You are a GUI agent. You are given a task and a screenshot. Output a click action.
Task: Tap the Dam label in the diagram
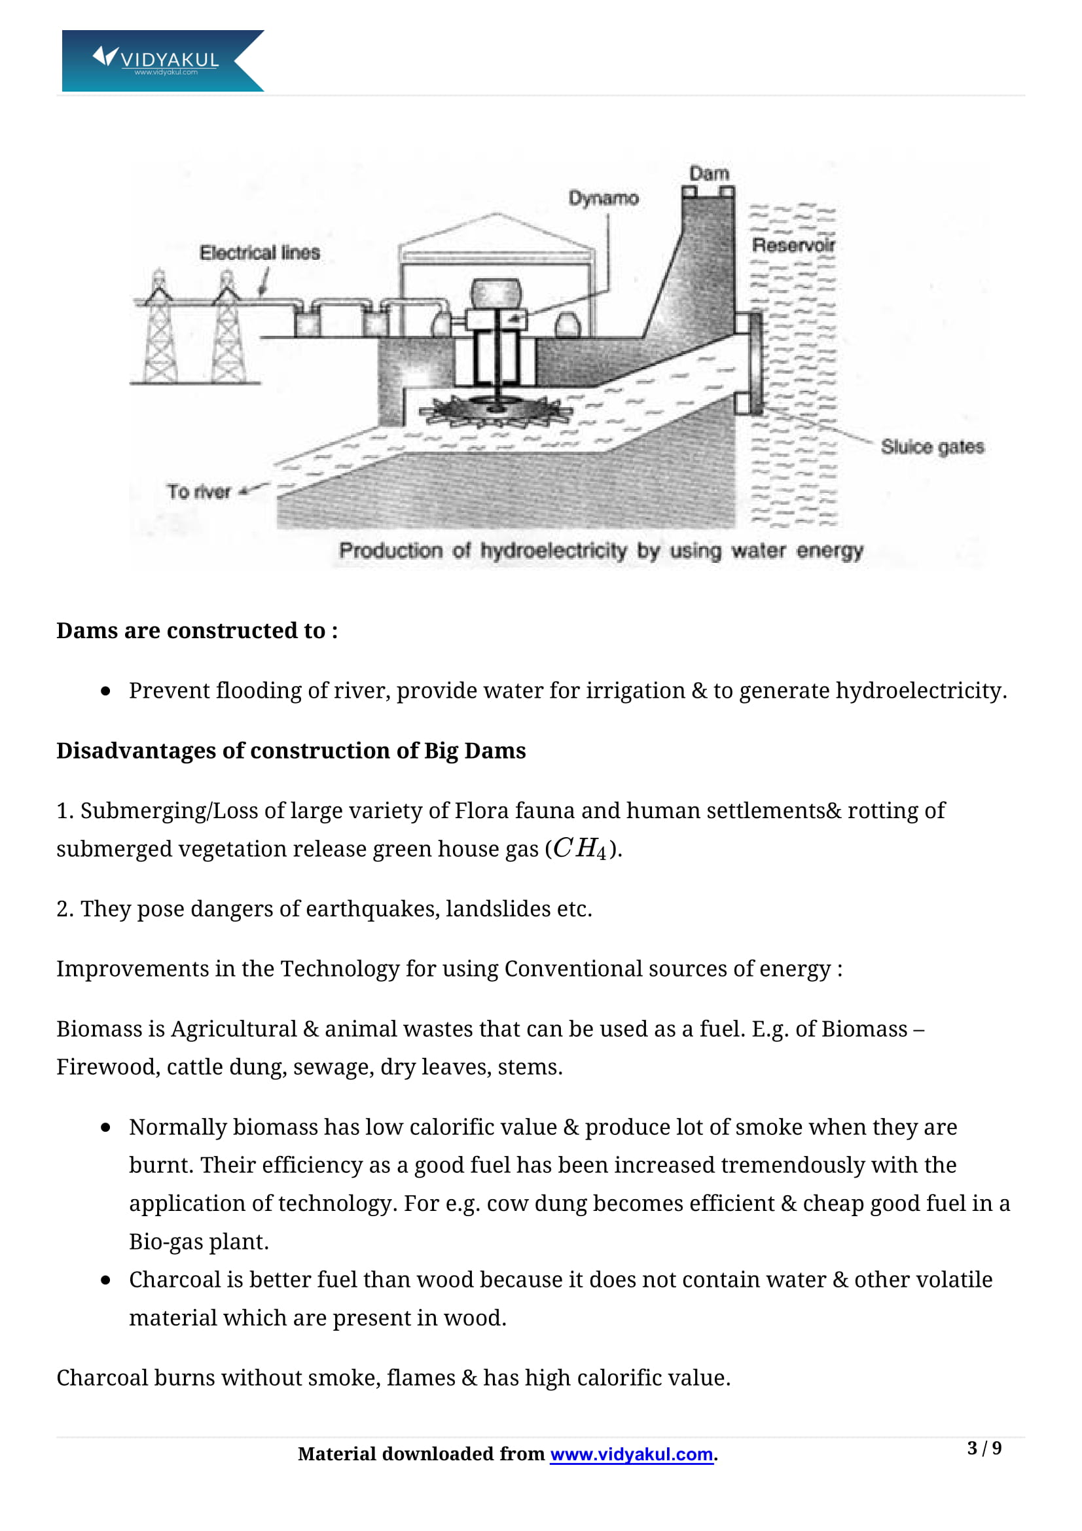click(709, 174)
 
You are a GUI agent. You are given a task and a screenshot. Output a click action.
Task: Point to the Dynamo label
click(604, 198)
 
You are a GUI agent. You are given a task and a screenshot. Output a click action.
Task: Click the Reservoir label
click(793, 245)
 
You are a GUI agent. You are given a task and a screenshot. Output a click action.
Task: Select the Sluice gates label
click(932, 447)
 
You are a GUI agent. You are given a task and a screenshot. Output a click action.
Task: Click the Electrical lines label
click(259, 253)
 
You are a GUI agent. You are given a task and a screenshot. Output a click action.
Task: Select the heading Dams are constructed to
click(196, 631)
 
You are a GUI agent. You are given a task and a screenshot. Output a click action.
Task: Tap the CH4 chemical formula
click(579, 849)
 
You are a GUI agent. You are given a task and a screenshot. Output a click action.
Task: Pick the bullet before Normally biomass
click(105, 1128)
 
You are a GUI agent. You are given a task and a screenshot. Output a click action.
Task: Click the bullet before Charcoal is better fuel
click(105, 1280)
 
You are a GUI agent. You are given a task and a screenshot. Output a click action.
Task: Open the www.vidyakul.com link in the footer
click(632, 1454)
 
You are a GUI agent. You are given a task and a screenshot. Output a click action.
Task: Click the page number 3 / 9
click(984, 1449)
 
